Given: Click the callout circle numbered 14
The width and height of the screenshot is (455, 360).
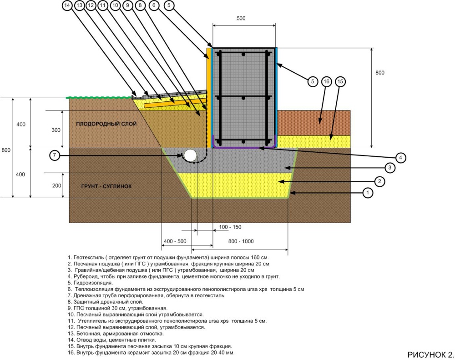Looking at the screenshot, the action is [67, 5].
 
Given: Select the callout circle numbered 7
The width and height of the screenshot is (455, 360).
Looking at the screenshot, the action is [54, 155].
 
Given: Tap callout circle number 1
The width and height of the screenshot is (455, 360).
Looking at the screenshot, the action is [368, 192].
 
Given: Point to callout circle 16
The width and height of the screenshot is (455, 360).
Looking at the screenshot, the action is [326, 81].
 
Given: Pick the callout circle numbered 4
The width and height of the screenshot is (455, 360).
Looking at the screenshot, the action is [400, 158].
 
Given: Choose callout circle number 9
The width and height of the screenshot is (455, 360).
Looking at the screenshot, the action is [128, 5].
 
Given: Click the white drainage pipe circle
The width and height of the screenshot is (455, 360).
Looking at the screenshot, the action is [190, 155].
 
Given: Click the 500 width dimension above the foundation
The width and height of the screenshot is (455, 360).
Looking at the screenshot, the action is [241, 18].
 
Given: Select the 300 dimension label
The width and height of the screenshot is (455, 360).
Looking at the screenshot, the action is [56, 130].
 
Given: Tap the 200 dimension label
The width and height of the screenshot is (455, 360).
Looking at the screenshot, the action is [56, 185].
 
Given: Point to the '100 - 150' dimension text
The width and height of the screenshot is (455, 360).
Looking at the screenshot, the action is [230, 227].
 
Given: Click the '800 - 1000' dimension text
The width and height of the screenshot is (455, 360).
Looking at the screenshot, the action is [241, 241].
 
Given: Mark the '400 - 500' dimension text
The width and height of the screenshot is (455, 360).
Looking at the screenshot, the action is [175, 241].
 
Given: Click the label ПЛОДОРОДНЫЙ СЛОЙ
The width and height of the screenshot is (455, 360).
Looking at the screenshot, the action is [106, 124].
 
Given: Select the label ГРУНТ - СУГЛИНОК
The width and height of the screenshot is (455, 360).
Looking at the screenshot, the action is [106, 186].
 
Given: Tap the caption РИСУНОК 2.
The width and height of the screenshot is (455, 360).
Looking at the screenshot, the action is [430, 355].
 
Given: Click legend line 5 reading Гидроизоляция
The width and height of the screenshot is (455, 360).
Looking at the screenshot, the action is [90, 283].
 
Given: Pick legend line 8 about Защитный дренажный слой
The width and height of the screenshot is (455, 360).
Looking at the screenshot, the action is [106, 302].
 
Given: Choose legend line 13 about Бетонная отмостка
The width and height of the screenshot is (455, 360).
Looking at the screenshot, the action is [116, 334].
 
